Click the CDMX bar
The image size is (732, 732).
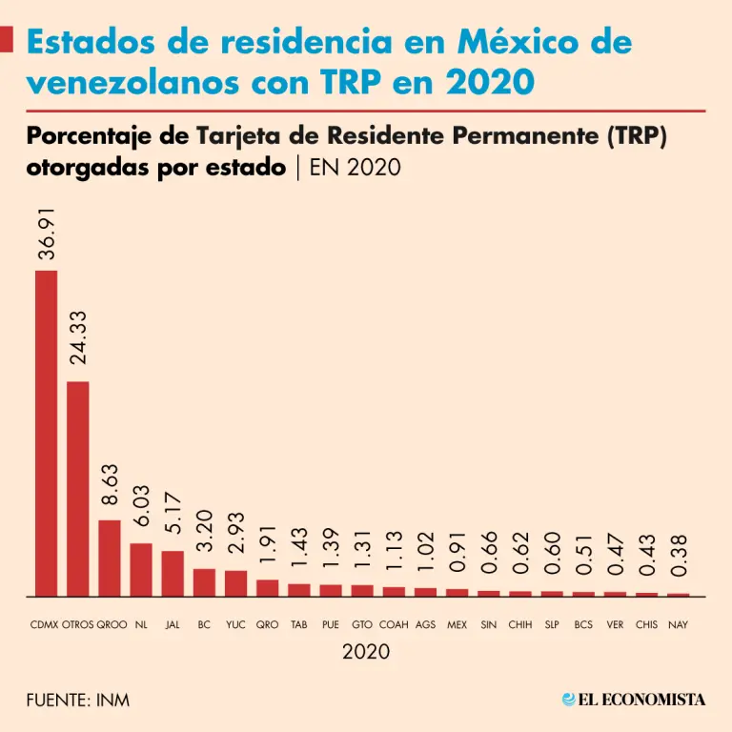point(46,434)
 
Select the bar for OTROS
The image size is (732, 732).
point(77,489)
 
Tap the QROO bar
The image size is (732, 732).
point(110,558)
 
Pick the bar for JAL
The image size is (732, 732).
point(173,573)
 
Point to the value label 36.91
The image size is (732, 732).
point(47,234)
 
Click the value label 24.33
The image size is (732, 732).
point(78,337)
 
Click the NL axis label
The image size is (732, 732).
point(141,625)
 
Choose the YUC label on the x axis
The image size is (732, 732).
point(235,625)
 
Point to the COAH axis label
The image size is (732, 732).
point(394,625)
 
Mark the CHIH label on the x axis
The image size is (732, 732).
point(520,625)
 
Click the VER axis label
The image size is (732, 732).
point(615,625)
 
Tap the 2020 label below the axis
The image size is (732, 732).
point(366,652)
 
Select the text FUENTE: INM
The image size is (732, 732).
point(78,701)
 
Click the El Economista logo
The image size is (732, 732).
point(634,700)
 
